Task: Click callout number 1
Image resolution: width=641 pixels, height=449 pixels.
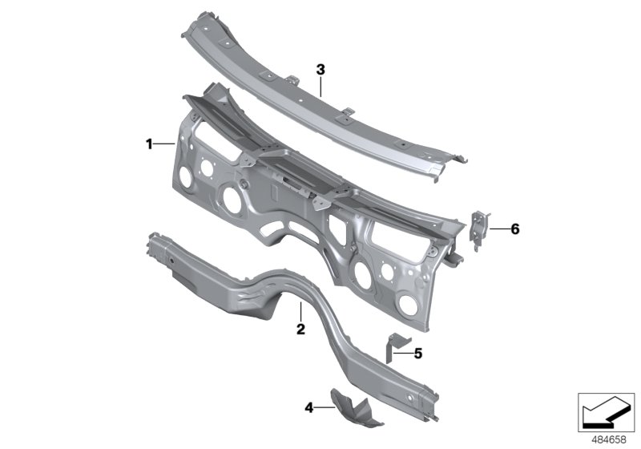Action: click(149, 144)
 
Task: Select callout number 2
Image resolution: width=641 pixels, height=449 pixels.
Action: click(300, 330)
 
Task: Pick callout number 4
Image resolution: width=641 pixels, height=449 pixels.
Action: click(308, 407)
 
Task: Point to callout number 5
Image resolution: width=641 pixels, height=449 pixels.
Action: click(417, 351)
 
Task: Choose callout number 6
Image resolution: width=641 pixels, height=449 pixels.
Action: click(514, 229)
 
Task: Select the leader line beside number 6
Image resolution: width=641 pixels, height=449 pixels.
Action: click(498, 229)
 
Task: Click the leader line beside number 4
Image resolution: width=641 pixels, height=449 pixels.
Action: click(324, 407)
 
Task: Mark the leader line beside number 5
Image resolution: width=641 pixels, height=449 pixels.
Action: click(405, 351)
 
